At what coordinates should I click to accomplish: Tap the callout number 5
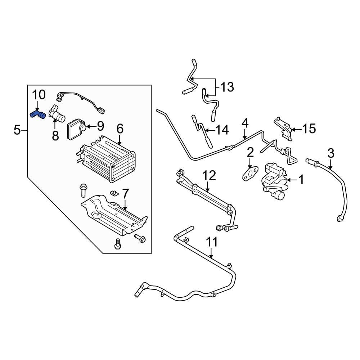coord(17,130)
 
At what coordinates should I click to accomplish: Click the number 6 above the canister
coord(120,129)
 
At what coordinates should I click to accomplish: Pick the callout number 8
coord(55,136)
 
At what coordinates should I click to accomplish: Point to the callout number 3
coord(330,153)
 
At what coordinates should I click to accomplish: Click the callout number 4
coord(245,123)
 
